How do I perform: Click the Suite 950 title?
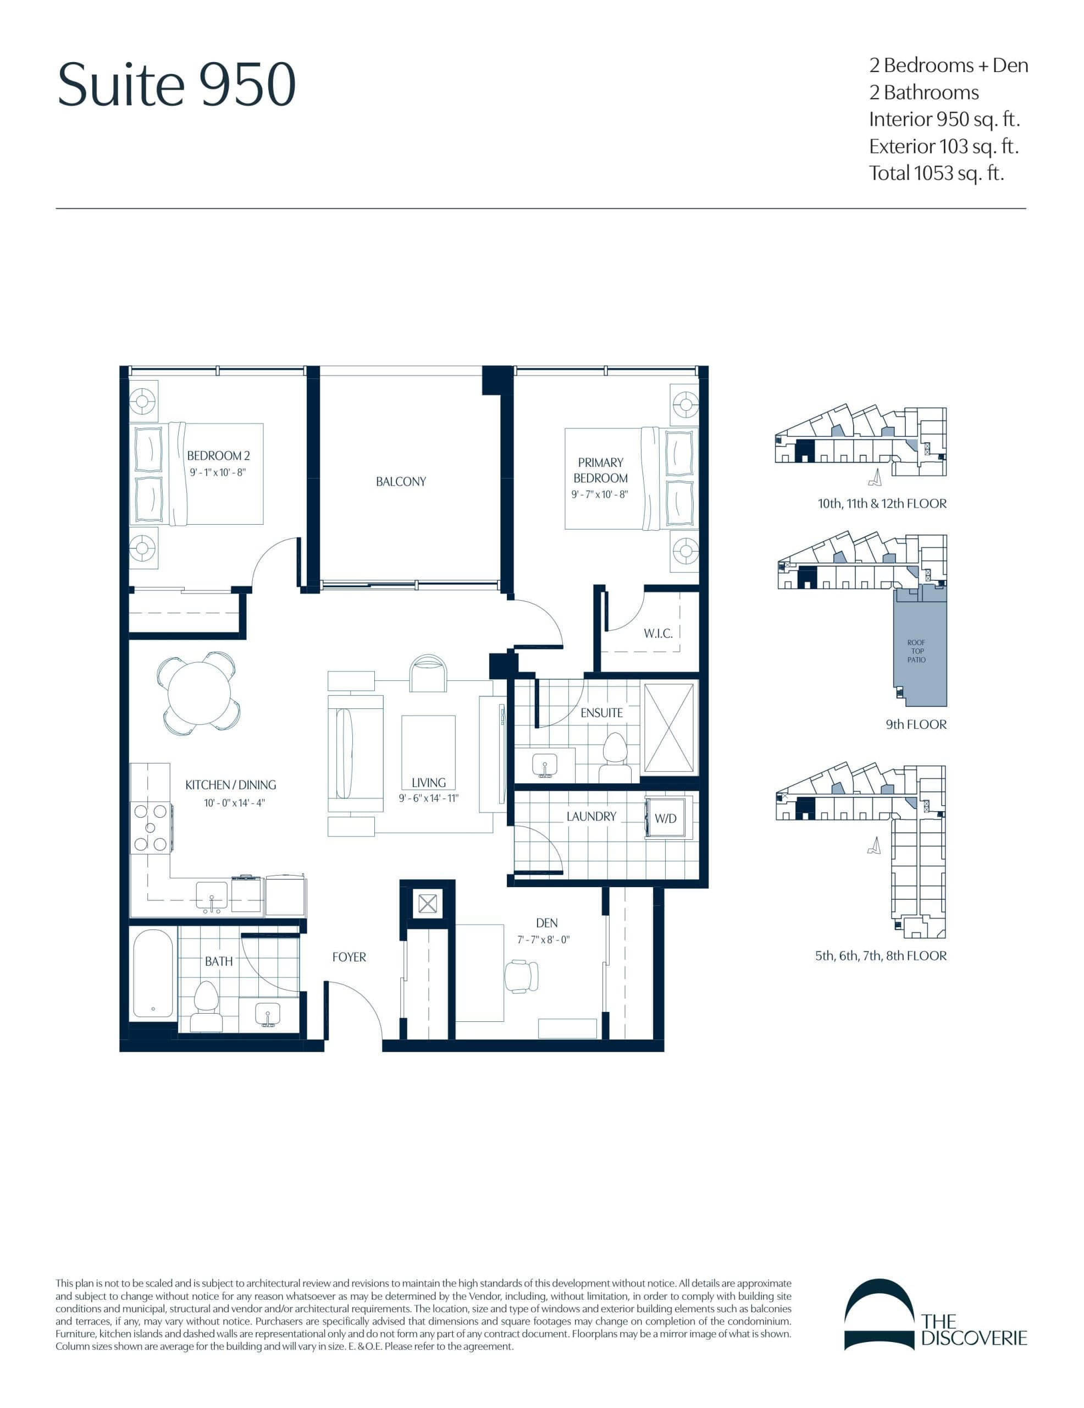(176, 85)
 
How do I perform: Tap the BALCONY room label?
(400, 482)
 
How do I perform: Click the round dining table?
(198, 694)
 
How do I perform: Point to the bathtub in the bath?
(153, 974)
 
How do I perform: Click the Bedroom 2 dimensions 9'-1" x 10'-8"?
(218, 472)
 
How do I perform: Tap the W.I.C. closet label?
(657, 634)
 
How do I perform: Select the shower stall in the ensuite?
(670, 729)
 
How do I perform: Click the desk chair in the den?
(521, 976)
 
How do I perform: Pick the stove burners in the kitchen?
(150, 827)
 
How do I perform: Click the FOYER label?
(349, 958)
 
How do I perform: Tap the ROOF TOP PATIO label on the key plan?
(916, 651)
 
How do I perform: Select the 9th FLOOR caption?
(915, 725)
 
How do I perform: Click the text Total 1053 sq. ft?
(936, 173)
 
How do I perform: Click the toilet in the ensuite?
(616, 754)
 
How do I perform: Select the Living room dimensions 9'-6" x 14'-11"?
(428, 798)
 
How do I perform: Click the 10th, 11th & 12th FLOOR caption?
(882, 503)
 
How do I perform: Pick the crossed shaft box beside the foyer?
(427, 903)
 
